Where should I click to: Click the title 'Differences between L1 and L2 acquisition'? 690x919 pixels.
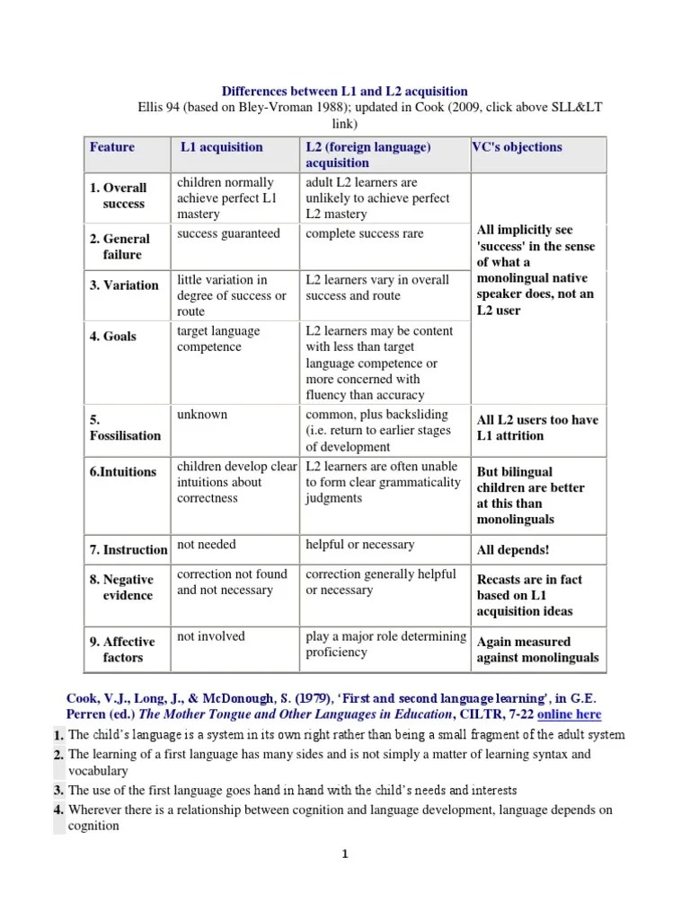coord(345,92)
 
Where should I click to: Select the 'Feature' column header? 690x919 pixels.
coord(112,147)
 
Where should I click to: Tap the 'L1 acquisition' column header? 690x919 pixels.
coord(222,147)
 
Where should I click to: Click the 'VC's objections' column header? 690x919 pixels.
coord(517,147)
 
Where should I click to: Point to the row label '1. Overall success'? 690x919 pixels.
coord(118,196)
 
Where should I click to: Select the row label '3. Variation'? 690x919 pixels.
coord(124,285)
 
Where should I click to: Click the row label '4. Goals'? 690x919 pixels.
coord(113,337)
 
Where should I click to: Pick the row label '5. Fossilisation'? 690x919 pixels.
coord(125,427)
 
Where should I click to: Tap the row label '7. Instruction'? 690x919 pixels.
coord(128,549)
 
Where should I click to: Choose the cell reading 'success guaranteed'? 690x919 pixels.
coord(228,234)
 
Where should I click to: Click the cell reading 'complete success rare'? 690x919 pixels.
coord(364,234)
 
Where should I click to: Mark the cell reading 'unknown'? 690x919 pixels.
coord(202,415)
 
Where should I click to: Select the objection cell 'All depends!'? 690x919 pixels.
coord(512,549)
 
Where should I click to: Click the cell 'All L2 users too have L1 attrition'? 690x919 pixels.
coord(536,427)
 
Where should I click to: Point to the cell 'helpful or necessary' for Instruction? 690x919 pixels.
coord(359,545)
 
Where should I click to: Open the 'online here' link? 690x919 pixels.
coord(569,714)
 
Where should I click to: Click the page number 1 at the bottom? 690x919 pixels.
coord(344,854)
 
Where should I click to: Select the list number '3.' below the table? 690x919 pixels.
coord(58,791)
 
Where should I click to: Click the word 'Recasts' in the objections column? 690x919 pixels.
coord(500,580)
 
